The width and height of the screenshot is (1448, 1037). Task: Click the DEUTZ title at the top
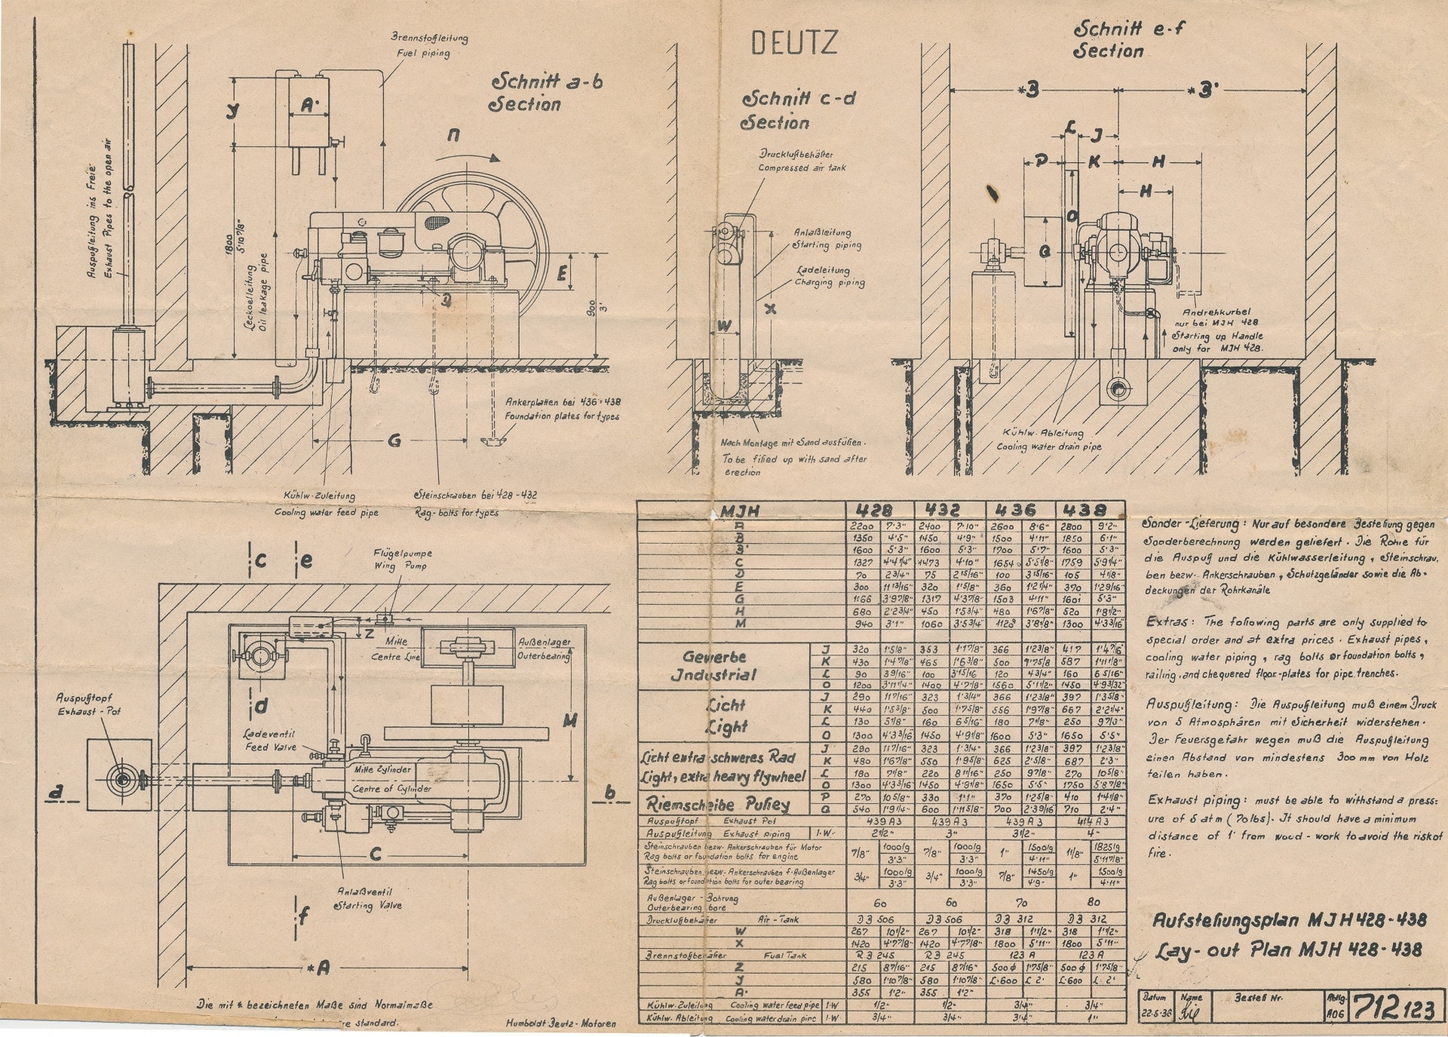tap(794, 43)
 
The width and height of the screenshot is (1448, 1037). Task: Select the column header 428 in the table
tap(880, 511)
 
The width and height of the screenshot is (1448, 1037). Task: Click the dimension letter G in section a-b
tap(394, 441)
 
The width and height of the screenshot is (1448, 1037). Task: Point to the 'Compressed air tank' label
tap(802, 167)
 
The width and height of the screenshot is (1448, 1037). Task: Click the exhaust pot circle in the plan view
tap(121, 778)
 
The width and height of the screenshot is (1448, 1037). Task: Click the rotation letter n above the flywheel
tap(453, 135)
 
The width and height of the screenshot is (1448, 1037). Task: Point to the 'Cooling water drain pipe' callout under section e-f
tap(1048, 446)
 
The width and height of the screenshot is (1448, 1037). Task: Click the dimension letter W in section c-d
tap(722, 326)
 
